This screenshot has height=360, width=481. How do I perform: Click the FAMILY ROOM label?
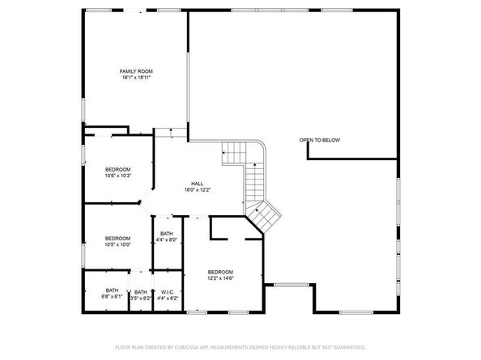[x=136, y=71]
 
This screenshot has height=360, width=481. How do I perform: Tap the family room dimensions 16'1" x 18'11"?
[x=136, y=78]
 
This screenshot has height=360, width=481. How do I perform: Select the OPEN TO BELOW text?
[x=320, y=140]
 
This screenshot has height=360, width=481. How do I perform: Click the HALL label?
[x=197, y=183]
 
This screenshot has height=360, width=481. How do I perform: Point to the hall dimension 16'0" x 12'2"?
[x=197, y=189]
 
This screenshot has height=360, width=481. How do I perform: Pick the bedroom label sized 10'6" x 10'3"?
[x=118, y=168]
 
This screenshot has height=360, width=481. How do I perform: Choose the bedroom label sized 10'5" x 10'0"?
[x=117, y=238]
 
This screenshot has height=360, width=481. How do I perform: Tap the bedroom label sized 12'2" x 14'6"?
[x=220, y=272]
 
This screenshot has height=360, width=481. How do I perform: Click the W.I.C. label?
[x=168, y=292]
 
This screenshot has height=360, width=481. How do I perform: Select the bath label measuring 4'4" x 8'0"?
[x=166, y=234]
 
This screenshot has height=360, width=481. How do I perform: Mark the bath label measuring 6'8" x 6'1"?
[x=112, y=290]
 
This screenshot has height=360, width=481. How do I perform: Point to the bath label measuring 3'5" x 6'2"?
[x=141, y=292]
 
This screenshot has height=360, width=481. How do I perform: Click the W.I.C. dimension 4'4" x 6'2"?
[x=168, y=299]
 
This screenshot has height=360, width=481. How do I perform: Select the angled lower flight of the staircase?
[x=264, y=214]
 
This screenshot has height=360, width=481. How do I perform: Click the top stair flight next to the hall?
[x=234, y=150]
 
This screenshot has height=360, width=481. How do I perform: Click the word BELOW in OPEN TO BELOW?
[x=331, y=140]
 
